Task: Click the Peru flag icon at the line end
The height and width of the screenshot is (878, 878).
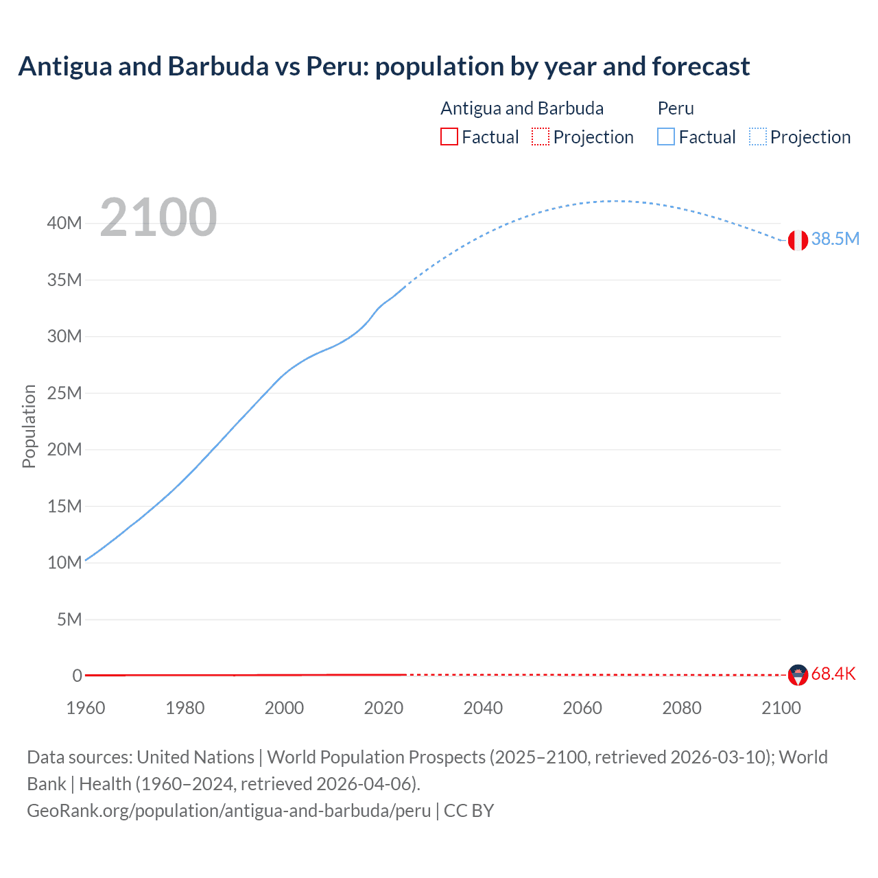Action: pos(798,240)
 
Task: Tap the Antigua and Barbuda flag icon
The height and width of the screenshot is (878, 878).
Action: pos(798,675)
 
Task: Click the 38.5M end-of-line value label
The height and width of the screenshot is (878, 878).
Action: pos(835,239)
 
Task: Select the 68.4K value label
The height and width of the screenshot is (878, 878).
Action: pos(833,674)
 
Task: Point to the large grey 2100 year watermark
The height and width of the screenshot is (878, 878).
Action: pos(158,217)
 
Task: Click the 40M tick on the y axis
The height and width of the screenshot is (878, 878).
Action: pos(64,223)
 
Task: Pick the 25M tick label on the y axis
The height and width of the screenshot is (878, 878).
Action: pos(64,393)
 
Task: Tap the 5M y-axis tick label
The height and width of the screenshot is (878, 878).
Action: pos(69,619)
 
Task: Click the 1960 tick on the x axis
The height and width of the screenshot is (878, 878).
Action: pos(86,708)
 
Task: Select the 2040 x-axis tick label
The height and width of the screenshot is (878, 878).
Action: pos(483,708)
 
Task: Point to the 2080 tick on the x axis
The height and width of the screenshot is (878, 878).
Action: pos(682,708)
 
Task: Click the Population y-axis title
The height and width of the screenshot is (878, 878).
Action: pos(29,426)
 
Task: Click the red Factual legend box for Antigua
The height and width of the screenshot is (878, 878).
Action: pos(449,137)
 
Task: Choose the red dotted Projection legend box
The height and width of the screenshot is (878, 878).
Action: pos(541,137)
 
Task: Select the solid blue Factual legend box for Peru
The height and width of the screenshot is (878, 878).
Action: pos(666,137)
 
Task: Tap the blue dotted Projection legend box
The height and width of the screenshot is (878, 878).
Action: pos(758,137)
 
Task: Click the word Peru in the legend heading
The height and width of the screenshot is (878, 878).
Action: pos(676,108)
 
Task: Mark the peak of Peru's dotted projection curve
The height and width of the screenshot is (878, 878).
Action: pos(617,201)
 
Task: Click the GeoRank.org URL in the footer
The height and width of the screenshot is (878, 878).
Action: pos(228,810)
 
